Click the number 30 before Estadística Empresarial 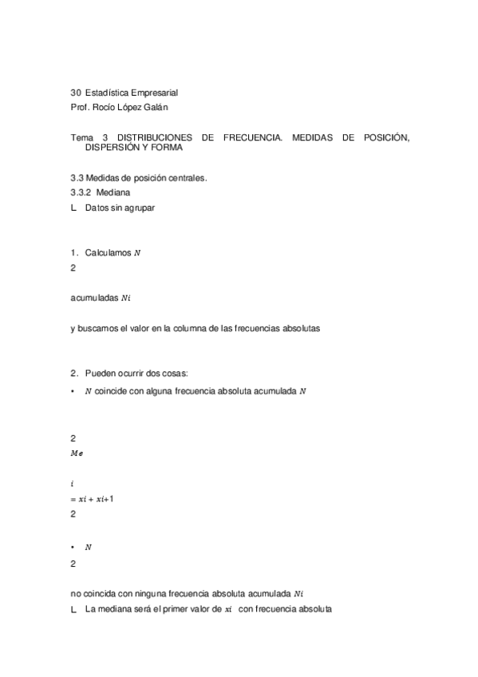(76, 93)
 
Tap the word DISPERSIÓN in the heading (113, 148)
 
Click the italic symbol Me (77, 453)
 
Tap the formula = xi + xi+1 (92, 499)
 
